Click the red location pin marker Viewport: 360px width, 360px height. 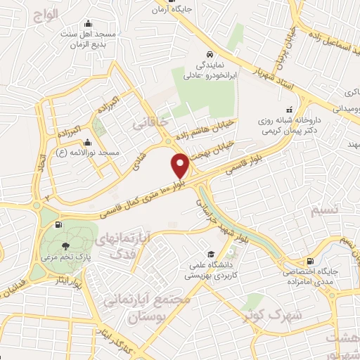181,165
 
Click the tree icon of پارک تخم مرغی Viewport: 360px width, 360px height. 65,246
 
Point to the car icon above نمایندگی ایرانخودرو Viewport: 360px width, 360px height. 209,54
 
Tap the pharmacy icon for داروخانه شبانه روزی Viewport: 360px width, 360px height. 289,110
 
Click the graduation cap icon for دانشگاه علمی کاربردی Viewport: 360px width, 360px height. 210,254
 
